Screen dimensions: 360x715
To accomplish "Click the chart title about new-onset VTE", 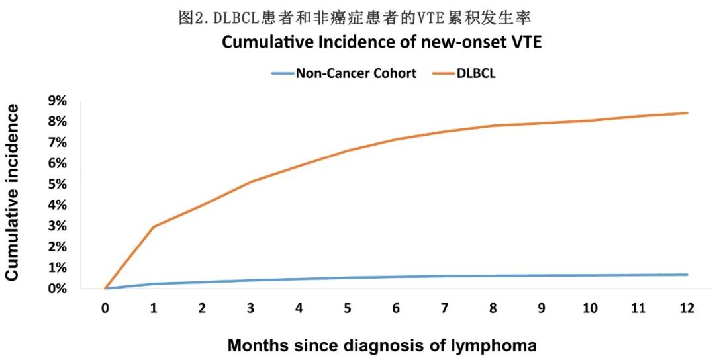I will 381,43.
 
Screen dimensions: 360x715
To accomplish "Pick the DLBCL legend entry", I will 475,73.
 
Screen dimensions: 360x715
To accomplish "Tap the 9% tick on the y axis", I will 56,101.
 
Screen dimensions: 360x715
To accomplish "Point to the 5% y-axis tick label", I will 56,184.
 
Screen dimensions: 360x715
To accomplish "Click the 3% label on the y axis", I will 56,226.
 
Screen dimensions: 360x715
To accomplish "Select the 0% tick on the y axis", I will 56,289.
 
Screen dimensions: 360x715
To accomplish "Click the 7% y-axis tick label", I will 56,142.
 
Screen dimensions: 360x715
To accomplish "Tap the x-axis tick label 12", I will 687,308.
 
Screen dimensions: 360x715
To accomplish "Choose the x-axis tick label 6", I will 397,308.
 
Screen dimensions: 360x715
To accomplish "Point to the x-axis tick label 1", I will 154,308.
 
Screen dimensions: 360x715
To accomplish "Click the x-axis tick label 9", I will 542,308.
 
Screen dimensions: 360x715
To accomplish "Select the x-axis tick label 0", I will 105,308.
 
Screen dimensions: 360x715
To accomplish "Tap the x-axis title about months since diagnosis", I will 382,345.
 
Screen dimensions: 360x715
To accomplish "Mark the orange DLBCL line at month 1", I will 154,227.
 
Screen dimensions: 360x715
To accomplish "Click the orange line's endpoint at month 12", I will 687,113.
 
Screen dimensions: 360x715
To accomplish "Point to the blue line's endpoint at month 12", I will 687,275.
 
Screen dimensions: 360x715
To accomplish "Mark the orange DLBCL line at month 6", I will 397,139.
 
